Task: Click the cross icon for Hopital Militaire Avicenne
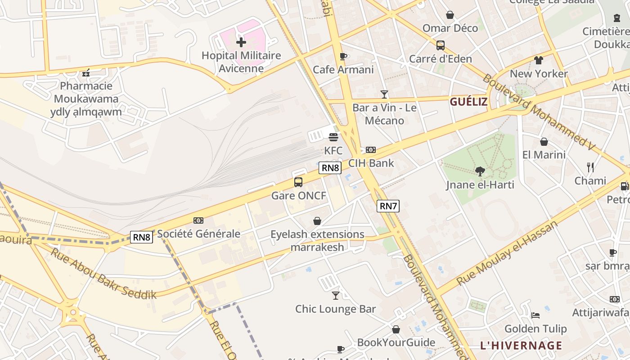pos(241,43)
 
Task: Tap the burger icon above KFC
pos(333,137)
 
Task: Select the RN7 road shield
pos(388,206)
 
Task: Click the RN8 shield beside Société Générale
pos(141,237)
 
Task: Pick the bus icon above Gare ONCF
pos(298,182)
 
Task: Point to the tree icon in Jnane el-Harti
pos(480,171)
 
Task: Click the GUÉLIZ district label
pos(468,102)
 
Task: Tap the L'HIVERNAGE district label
pos(521,346)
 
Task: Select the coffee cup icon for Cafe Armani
pos(343,56)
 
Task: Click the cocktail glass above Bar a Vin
pos(384,94)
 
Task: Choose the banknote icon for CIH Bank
pos(371,150)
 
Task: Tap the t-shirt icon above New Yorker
pos(539,60)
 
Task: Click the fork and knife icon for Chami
pos(590,167)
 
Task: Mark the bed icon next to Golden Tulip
pos(535,315)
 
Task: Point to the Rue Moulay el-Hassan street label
pos(507,252)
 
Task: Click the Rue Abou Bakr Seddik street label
pos(103,273)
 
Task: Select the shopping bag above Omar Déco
pos(450,15)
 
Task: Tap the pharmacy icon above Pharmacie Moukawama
pos(86,72)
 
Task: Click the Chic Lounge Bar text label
pos(335,309)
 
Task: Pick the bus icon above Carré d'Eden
pos(441,45)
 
